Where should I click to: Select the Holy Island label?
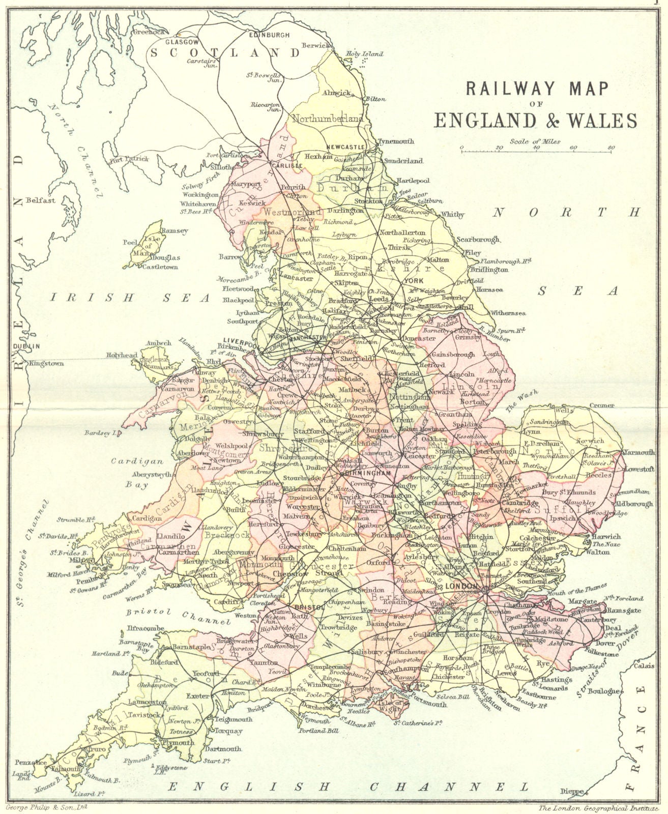pos(365,53)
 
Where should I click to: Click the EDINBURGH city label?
pos(269,35)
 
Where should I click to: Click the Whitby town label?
pos(452,215)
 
